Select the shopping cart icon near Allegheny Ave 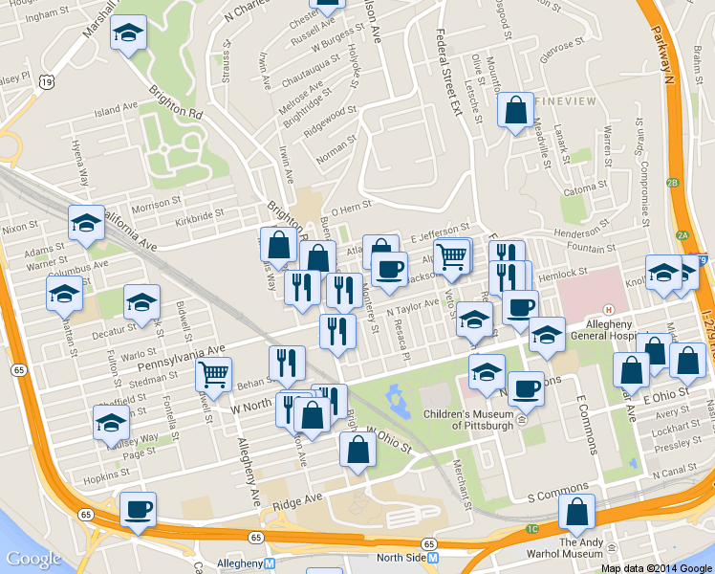(x=213, y=373)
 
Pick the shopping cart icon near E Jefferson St (x=451, y=255)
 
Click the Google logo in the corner (x=33, y=559)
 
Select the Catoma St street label (x=579, y=189)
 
